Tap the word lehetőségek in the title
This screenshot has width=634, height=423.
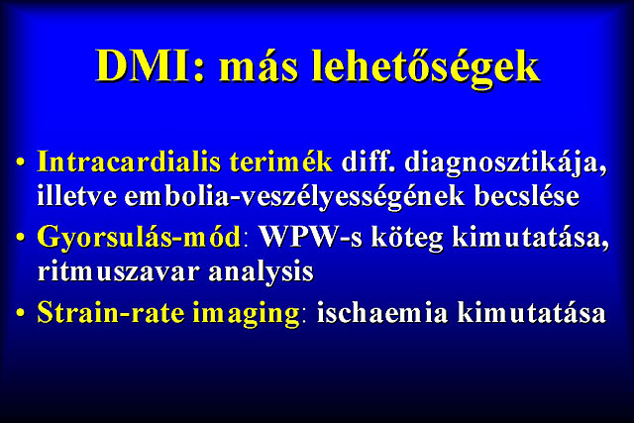point(426,68)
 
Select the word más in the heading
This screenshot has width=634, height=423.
point(259,68)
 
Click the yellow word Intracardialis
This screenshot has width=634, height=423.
point(129,161)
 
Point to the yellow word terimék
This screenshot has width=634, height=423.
point(281,161)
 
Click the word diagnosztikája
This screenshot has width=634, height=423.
point(506,164)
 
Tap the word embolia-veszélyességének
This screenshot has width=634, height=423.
point(294,198)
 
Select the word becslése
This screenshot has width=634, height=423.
point(527,196)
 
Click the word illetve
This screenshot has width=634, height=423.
point(76,196)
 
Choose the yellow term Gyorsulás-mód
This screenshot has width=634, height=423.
point(139,238)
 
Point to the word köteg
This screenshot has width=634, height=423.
point(407,238)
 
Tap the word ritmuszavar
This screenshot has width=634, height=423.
point(118,271)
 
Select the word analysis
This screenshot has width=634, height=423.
point(262,273)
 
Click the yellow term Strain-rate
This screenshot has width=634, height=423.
point(110,313)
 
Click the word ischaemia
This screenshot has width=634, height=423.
point(382,313)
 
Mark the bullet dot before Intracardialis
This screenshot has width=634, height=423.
point(21,162)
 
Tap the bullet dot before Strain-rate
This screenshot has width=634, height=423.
point(21,313)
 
